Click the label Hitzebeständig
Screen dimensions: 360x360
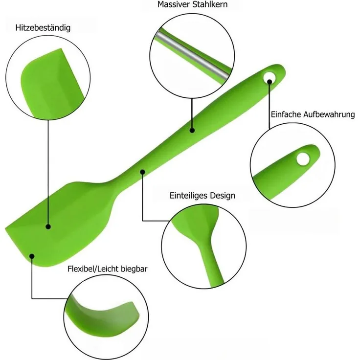coord(43,28)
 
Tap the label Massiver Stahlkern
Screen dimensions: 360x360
coord(192,4)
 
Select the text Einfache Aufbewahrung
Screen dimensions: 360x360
coord(313,114)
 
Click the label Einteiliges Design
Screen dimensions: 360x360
coord(202,196)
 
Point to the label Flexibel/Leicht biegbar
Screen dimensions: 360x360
coord(108,269)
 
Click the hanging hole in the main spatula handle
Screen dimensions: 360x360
coord(270,77)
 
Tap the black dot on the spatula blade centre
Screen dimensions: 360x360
coord(48,227)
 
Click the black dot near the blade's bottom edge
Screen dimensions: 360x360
coord(32,256)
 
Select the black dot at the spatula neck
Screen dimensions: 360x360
coord(142,172)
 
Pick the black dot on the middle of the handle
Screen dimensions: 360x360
coord(192,131)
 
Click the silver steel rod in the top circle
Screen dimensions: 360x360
coord(192,56)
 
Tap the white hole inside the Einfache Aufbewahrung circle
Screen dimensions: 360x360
coord(303,159)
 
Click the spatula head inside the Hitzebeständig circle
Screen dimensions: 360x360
coord(51,83)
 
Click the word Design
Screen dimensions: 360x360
coord(223,196)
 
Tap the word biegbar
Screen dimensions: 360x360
coord(134,269)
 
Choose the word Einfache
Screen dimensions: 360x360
coord(286,114)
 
